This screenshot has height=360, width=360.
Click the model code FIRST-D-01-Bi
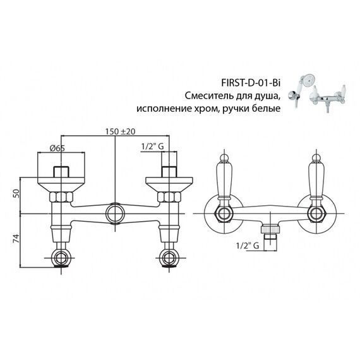251,83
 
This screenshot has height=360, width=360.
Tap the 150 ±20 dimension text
120,131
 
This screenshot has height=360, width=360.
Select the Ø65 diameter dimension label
57,148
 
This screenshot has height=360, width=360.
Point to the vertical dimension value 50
16,193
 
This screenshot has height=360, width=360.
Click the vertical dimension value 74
16,239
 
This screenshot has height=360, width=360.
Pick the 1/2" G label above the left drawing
152,146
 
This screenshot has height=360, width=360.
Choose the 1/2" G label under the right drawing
248,246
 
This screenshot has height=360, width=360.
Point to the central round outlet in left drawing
115,213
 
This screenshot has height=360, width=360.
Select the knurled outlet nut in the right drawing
270,229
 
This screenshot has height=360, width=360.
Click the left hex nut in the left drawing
61,197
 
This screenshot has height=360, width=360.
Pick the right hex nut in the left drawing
169,197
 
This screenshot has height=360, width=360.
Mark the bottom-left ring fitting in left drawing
61,258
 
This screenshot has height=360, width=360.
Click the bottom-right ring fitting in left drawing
169,258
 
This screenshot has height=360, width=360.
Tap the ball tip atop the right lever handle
316,157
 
